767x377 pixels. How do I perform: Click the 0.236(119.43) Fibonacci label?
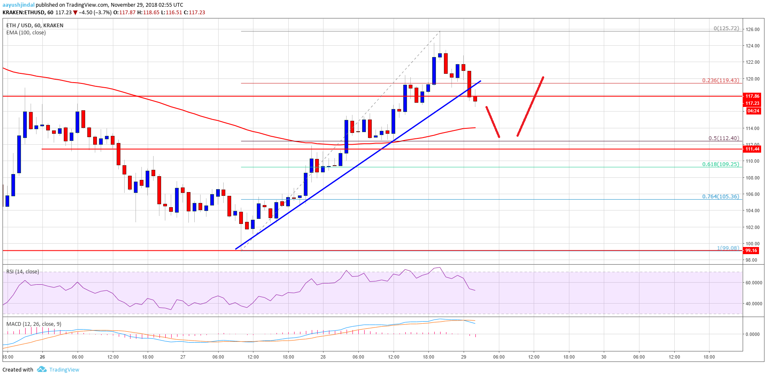720,80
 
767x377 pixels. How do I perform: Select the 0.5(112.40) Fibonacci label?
723,138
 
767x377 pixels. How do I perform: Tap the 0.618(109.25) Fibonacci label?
720,164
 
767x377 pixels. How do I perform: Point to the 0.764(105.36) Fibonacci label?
720,196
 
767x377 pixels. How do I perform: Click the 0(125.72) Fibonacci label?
726,29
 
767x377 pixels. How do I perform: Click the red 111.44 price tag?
752,149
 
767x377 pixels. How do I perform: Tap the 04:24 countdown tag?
753,111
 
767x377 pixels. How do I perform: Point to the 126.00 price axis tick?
752,29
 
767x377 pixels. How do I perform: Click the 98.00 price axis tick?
751,260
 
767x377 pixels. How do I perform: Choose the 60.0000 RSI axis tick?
754,283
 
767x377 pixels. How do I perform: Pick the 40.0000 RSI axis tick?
754,304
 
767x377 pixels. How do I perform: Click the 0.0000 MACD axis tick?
752,334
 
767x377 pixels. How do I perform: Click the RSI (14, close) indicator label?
23,272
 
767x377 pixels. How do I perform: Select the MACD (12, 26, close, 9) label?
34,324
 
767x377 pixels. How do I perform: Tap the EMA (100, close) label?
26,33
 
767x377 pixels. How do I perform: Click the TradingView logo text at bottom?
64,369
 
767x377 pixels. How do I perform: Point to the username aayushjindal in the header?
18,5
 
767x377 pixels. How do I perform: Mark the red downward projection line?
493,122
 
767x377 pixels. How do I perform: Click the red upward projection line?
530,107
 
